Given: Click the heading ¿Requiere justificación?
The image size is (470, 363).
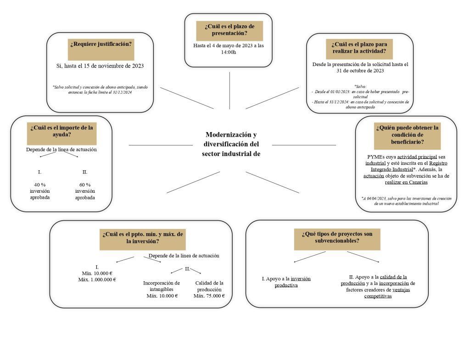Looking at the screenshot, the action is [101, 44].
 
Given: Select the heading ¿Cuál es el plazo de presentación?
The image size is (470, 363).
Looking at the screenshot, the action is [229, 30].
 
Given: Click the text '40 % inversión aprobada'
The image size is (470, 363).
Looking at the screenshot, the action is [39, 191].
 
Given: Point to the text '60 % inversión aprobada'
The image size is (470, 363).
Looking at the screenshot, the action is [85, 191].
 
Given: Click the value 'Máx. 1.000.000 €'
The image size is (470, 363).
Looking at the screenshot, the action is [97, 279].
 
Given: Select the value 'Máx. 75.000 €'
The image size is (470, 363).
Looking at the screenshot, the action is [209, 296].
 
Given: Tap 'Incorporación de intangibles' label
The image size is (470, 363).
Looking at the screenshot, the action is [161, 286].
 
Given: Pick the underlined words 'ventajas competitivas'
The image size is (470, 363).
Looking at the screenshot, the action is [386, 293].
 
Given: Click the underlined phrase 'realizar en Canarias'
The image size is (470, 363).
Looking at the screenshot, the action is [406, 182].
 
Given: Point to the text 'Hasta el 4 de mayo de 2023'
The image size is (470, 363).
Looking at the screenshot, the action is [223, 45].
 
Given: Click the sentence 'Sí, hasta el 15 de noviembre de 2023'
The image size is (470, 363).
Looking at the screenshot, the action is [100, 66].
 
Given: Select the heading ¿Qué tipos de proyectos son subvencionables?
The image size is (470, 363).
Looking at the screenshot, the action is [337, 237].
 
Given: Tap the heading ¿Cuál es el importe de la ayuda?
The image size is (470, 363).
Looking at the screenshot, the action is [62, 131].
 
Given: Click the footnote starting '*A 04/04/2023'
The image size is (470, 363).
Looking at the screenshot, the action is [406, 201].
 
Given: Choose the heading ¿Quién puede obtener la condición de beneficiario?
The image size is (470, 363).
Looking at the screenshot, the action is [408, 134].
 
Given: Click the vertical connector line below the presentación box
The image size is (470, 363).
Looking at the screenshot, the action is [229, 90].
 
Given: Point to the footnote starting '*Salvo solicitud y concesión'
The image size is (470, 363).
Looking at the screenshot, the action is [100, 89].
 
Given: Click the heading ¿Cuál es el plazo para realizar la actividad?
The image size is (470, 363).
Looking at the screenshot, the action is [359, 47].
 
